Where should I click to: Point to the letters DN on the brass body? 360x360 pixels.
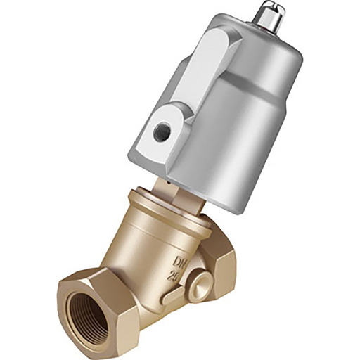(179, 262)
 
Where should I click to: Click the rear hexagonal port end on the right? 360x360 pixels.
(224, 262)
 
